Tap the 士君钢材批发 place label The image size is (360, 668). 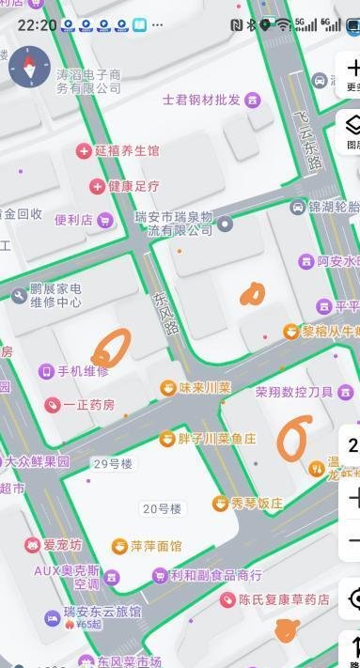202,99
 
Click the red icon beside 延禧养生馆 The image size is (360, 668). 83,150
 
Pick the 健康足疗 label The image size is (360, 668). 133,186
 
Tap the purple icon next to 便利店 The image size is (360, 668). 104,220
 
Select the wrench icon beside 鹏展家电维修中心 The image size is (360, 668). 19,296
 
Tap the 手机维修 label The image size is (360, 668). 84,371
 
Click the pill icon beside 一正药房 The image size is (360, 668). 52,405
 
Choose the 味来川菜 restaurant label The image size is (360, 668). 205,387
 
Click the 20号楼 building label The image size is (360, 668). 162,508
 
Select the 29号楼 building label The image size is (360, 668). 113,463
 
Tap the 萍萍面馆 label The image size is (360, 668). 156,546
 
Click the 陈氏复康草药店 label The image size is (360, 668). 284,598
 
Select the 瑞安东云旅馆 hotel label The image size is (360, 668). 102,613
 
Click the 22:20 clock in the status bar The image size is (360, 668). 37,24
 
